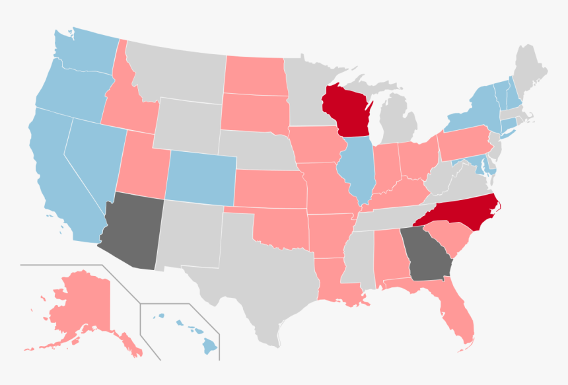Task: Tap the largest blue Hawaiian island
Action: pos(209,344)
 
